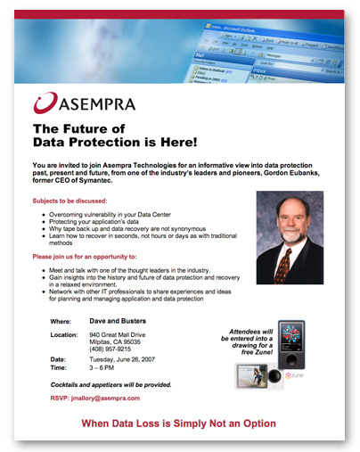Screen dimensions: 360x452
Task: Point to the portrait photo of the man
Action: pyautogui.click(x=287, y=237)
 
